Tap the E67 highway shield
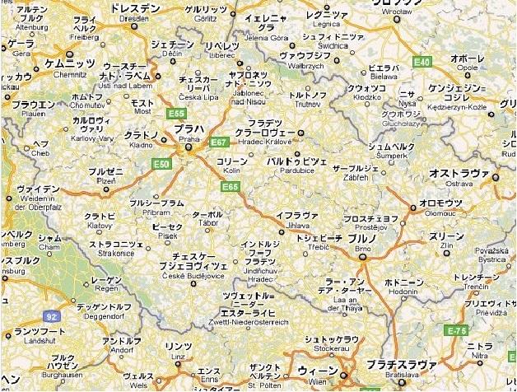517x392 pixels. [217, 142]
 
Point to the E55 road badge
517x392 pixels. [175, 113]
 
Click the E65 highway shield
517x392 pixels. [230, 188]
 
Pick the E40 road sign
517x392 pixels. [422, 62]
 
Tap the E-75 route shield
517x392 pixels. [456, 330]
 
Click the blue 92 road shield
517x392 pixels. [52, 315]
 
